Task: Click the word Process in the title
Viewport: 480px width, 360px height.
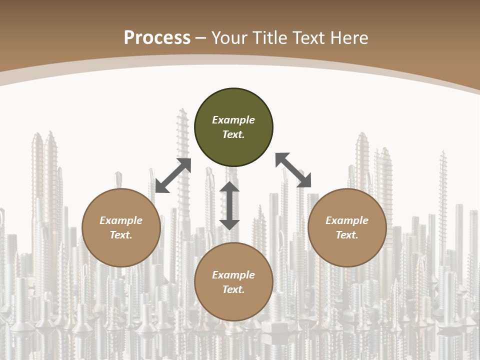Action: tap(157, 38)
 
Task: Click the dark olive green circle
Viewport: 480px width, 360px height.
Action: tap(233, 127)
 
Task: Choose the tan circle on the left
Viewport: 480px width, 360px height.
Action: tap(121, 227)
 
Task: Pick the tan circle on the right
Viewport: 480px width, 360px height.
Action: tap(347, 227)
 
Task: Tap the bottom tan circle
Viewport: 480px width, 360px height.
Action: tap(233, 282)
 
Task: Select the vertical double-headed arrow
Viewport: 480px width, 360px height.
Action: tap(229, 205)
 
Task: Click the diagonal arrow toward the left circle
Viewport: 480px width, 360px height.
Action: tap(173, 175)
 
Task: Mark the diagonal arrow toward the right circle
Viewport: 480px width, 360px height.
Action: tap(293, 170)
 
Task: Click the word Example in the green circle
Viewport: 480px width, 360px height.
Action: tap(233, 120)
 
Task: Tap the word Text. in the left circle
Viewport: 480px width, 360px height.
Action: tap(121, 235)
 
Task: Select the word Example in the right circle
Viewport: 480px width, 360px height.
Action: tap(347, 220)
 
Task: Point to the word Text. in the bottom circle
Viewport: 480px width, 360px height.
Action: tap(233, 289)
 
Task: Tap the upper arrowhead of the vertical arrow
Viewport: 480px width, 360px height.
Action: tap(229, 188)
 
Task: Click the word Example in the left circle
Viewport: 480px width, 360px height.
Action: tap(121, 220)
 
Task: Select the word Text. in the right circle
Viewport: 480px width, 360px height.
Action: tap(347, 235)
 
